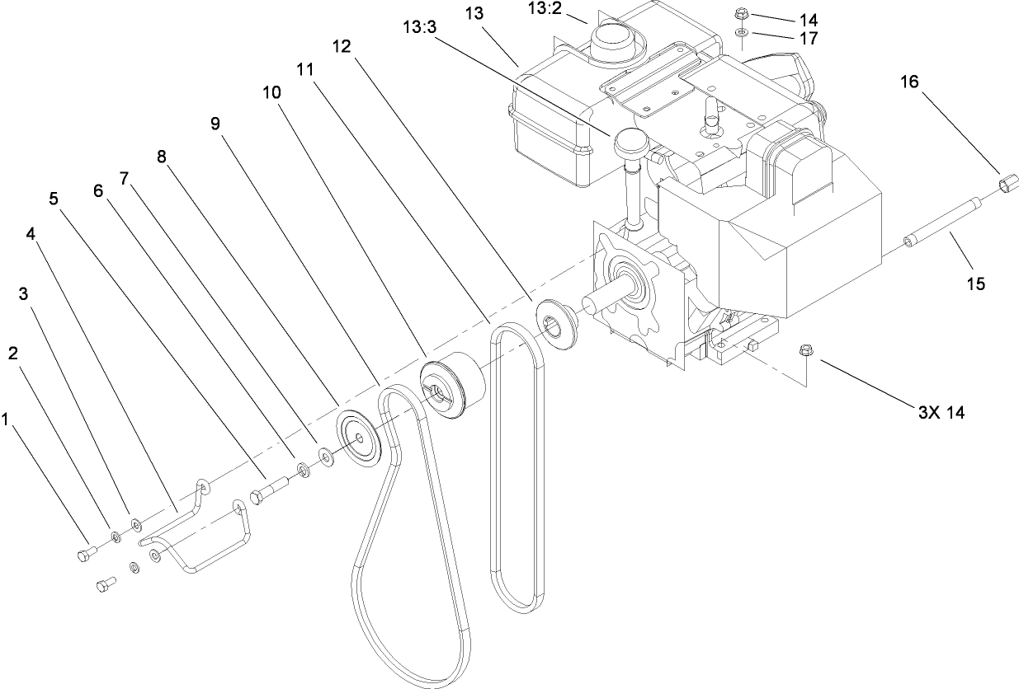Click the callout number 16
[x=909, y=82]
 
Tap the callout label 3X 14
[x=940, y=413]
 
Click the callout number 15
[x=975, y=284]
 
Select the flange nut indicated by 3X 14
[x=805, y=352]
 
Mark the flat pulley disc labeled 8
[x=356, y=435]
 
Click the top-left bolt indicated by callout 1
[x=85, y=556]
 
